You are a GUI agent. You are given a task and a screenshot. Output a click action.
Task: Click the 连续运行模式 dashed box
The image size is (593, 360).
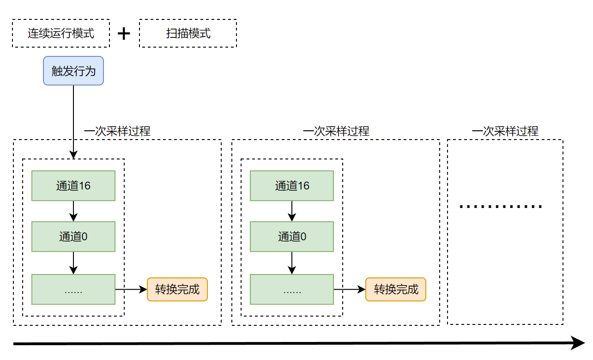[x=61, y=33]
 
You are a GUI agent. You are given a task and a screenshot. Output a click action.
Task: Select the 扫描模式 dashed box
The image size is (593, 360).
[x=188, y=33]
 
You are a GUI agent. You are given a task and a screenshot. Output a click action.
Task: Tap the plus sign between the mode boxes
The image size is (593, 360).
[x=124, y=34]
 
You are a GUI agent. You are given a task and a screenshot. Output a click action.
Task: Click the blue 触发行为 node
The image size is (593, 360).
[x=73, y=71]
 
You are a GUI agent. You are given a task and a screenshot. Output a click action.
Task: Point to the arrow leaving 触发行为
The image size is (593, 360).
[x=73, y=120]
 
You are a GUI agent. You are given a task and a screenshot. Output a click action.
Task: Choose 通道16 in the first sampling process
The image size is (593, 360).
[x=73, y=186]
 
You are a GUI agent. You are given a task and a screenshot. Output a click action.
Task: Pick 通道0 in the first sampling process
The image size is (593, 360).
[x=73, y=237]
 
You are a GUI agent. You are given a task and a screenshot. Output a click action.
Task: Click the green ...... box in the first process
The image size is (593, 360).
[x=73, y=289]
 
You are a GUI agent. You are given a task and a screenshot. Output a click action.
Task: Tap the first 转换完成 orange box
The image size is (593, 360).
[x=177, y=289]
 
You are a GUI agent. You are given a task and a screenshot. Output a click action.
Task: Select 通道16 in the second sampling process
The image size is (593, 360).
[x=292, y=186]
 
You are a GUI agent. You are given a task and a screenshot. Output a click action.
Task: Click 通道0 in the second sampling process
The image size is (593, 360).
[x=292, y=237]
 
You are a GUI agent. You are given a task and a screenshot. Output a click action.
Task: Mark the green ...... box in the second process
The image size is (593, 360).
[x=292, y=289]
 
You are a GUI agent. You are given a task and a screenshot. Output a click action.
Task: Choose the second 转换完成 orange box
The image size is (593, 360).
[x=396, y=289]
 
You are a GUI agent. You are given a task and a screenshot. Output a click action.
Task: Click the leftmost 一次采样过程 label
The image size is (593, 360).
[x=117, y=131]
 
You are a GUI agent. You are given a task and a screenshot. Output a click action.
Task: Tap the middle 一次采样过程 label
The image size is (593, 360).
[x=336, y=131]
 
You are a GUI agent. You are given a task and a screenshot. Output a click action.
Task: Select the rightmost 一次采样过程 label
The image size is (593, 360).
[x=505, y=131]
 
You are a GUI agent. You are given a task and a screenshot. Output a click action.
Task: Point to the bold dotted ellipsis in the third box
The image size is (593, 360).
[x=501, y=207]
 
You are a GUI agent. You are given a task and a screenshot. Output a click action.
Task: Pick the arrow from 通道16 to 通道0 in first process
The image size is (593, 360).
[x=73, y=211]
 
